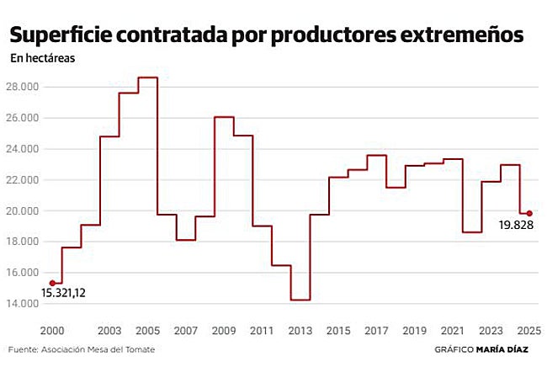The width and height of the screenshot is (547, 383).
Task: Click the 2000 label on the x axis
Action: (x=53, y=329)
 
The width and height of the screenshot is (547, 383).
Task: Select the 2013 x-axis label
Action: (x=300, y=329)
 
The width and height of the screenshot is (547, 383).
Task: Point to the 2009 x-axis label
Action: (x=224, y=329)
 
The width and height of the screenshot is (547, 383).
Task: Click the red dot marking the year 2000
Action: (x=53, y=283)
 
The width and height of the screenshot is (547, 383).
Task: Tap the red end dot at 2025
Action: (x=529, y=213)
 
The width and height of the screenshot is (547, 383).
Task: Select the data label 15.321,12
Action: (x=64, y=294)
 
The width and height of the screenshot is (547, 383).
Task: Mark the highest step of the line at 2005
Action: (x=147, y=77)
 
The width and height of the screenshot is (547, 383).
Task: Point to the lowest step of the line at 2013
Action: (x=300, y=300)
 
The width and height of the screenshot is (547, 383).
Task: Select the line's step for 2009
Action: (x=224, y=117)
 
